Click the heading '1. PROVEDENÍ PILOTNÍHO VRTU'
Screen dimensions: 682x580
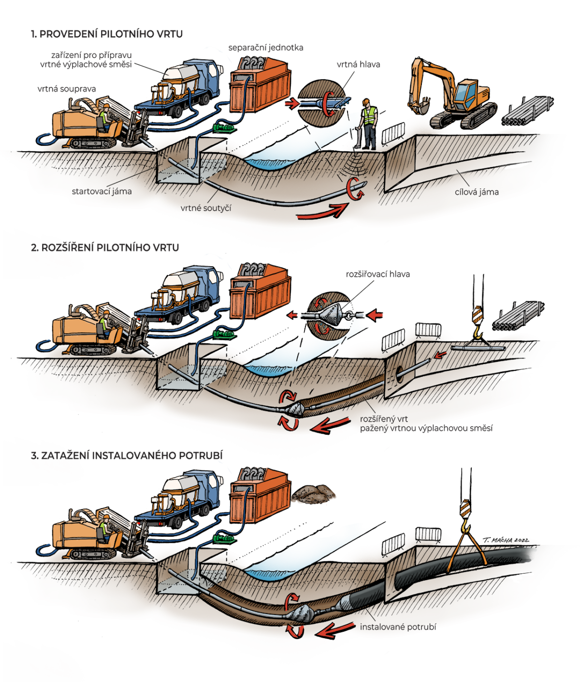tap(106, 34)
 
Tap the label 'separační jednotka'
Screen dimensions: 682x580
tap(265, 48)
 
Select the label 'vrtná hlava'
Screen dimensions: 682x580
tap(358, 64)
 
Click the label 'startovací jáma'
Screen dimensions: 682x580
tap(101, 191)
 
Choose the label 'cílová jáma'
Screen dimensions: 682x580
tap(476, 192)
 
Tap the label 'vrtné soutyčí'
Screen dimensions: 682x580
tap(206, 208)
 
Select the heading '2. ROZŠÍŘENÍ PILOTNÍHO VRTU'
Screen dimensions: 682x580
tap(104, 247)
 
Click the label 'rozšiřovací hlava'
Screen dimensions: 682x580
tap(377, 274)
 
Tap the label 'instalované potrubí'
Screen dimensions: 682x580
tap(398, 627)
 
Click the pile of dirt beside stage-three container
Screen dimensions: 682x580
tap(314, 494)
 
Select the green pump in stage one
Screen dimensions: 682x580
tap(223, 128)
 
